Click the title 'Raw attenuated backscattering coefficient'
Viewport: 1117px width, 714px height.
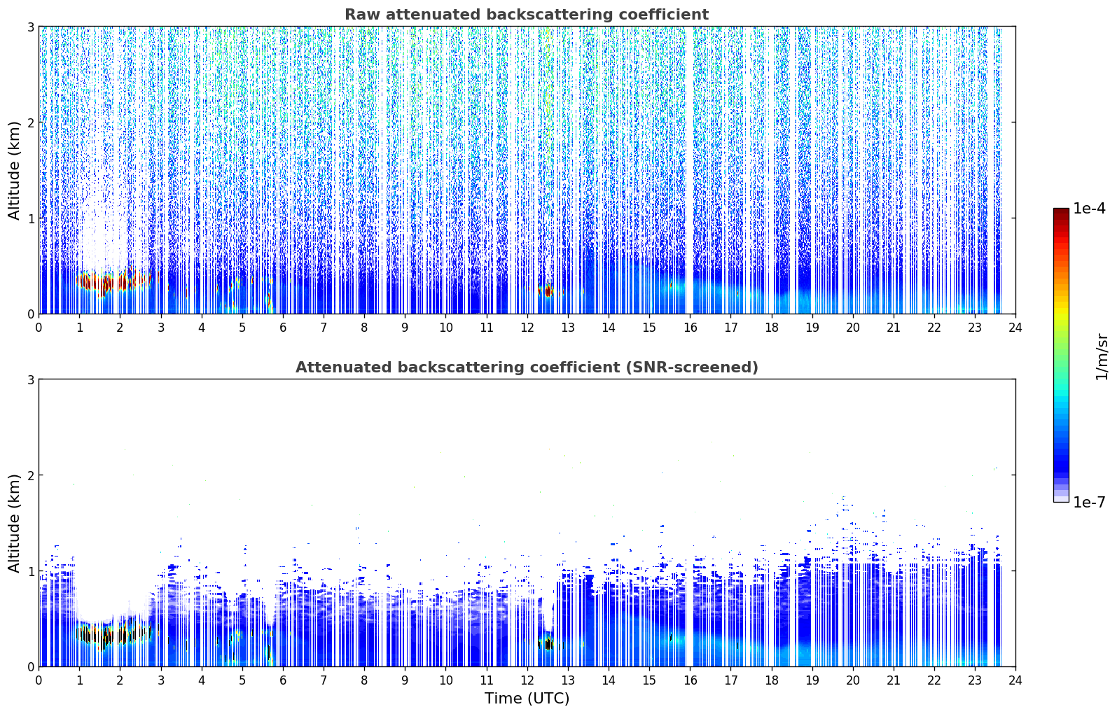[x=527, y=15]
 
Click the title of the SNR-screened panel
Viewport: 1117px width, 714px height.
[x=527, y=367]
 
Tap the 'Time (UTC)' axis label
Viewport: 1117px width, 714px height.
[x=527, y=698]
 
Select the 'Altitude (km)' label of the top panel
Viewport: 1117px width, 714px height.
[x=14, y=171]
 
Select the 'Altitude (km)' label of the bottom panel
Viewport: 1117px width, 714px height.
[x=14, y=523]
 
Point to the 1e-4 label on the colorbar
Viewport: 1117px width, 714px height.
[x=1089, y=209]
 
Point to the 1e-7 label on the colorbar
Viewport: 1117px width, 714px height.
[x=1089, y=502]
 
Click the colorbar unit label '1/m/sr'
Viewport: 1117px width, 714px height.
[x=1102, y=358]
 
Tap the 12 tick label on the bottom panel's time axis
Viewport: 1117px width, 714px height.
[x=527, y=680]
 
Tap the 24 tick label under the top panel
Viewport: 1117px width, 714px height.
[x=1015, y=328]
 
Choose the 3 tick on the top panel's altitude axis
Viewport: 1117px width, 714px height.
[x=30, y=27]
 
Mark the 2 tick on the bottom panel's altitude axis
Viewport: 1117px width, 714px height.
[x=30, y=475]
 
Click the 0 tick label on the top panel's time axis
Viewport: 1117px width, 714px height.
[x=39, y=328]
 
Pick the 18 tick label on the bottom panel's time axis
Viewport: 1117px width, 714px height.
[x=772, y=680]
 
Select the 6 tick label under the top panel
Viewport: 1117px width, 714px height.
[x=283, y=328]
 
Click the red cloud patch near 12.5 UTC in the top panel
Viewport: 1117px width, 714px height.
[x=548, y=290]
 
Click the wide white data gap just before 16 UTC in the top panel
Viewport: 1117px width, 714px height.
[x=689, y=170]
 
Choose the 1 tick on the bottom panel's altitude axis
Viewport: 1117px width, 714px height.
[x=30, y=571]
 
